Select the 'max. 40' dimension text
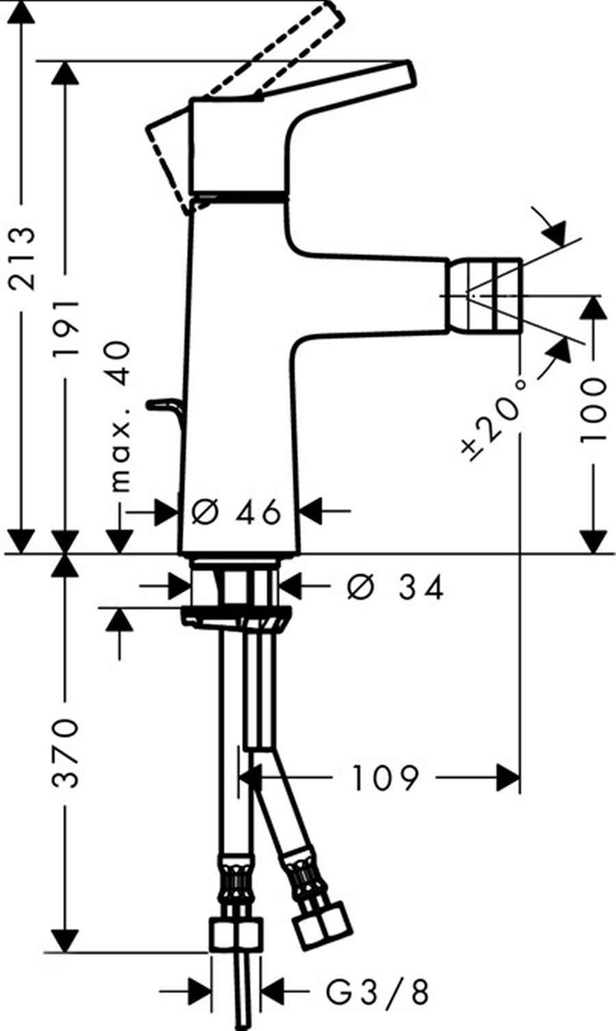pos(120,417)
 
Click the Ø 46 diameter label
pos(237,511)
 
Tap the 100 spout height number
pos(593,410)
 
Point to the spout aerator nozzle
pos(483,295)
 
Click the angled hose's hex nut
pos(322,930)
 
